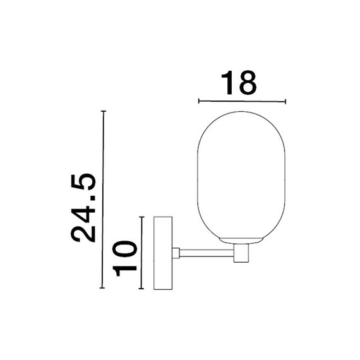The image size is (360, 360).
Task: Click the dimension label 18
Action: [x=239, y=83]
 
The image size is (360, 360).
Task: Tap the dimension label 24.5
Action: [x=83, y=208]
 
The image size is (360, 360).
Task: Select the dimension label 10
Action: [x=124, y=258]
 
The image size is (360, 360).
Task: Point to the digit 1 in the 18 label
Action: [x=227, y=83]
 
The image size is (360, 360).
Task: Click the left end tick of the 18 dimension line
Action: [x=199, y=100]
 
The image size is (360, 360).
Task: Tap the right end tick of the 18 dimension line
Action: [x=285, y=102]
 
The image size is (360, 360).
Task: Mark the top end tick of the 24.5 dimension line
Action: [x=104, y=111]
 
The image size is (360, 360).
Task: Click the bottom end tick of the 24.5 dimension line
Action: [x=102, y=287]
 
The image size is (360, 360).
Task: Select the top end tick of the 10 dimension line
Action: [x=142, y=217]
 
